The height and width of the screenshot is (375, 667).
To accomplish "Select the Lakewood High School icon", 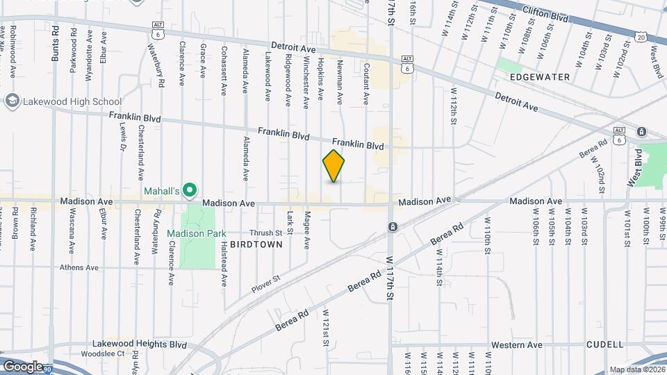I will (12, 101).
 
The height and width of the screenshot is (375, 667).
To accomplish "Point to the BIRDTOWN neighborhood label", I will (256, 244).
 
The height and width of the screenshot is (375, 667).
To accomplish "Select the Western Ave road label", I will (516, 344).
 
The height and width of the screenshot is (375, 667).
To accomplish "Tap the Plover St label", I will (266, 284).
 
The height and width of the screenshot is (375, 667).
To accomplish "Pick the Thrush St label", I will (266, 233).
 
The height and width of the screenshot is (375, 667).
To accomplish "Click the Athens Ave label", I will (79, 267).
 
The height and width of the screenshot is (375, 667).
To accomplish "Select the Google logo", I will (23, 366).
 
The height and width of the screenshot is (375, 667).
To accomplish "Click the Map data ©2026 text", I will (636, 369).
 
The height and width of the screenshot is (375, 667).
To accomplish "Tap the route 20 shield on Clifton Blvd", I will (640, 37).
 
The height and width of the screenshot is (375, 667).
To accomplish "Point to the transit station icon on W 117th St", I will (393, 227).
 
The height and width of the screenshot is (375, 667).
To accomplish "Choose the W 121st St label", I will (324, 328).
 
